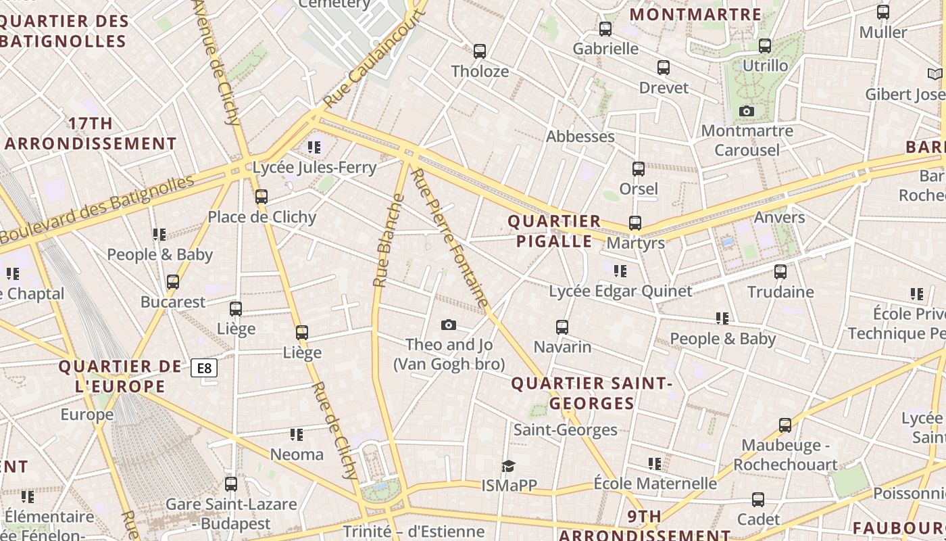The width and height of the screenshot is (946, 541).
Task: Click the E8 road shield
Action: click(204, 368)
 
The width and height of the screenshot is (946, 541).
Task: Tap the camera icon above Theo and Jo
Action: click(448, 325)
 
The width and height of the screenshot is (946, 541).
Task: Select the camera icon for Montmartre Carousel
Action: click(747, 111)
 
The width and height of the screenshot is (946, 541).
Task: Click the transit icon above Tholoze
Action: click(480, 51)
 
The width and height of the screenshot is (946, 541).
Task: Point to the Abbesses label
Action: click(580, 137)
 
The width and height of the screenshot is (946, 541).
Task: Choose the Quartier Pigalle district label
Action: click(554, 231)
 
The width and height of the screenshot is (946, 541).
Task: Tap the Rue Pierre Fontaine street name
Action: click(449, 238)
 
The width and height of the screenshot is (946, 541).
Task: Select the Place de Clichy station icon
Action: click(262, 197)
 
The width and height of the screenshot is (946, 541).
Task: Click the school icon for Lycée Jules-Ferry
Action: click(314, 147)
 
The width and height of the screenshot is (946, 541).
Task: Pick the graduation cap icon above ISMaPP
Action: click(508, 466)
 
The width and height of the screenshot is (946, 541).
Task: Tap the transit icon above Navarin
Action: click(562, 327)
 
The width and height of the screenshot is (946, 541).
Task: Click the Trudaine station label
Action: click(780, 292)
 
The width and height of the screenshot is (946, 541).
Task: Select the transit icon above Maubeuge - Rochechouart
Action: click(785, 425)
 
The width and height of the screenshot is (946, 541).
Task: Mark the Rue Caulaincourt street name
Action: click(375, 59)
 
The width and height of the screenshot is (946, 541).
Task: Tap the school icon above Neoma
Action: click(297, 434)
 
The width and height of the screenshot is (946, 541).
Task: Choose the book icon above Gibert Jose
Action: click(935, 74)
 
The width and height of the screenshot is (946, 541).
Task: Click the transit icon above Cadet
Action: click(758, 500)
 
